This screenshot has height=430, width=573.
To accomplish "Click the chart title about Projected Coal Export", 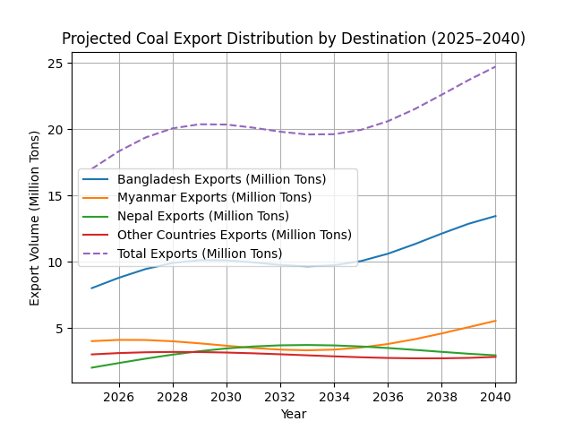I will pos(294,39).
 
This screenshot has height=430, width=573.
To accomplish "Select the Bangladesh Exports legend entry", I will pos(221,179).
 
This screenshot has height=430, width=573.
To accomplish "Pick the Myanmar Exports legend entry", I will pos(214,198).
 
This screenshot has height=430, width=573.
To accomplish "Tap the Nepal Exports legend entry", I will pos(202,216).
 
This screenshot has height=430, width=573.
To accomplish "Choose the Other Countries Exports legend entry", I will pos(234,235).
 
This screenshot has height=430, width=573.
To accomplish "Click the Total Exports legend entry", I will pos(199,254).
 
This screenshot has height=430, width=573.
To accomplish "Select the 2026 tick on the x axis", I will pos(119,396).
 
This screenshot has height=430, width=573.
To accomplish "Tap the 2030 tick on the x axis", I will pos(227,396).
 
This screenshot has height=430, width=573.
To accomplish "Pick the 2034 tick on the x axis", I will pos(334,396).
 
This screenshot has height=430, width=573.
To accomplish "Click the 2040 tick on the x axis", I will pos(495,396).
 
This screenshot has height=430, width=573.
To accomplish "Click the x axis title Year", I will pos(294,414).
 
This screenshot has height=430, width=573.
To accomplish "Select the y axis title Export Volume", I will pos(35,218).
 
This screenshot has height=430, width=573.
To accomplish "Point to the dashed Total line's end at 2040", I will pos(495,66).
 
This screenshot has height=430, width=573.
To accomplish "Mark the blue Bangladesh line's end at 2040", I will pos(495,216).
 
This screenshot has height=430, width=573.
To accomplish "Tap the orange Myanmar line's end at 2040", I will pos(495,321).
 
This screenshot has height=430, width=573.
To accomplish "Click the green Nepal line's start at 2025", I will pos(92,367).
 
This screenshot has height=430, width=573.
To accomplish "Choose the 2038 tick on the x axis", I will pos(441,396).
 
